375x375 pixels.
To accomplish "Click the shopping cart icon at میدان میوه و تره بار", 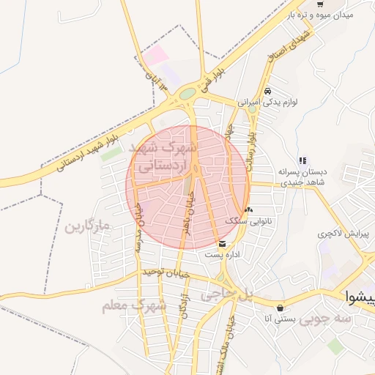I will pyautogui.click(x=320, y=4).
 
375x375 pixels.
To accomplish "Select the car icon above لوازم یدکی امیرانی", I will pyautogui.click(x=267, y=91).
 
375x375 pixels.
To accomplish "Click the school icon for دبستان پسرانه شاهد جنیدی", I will pyautogui.click(x=302, y=161).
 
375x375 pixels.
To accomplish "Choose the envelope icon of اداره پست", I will pyautogui.click(x=222, y=244).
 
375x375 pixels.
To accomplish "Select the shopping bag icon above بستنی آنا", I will pyautogui.click(x=281, y=307).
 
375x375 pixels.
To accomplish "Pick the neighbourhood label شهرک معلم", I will pyautogui.click(x=135, y=305).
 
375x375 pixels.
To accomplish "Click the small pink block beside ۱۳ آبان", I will pyautogui.click(x=155, y=55).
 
